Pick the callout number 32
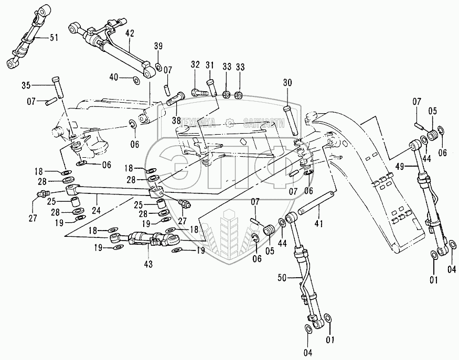[x=195, y=64]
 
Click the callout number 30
[x=287, y=82]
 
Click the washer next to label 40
[x=136, y=80]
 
